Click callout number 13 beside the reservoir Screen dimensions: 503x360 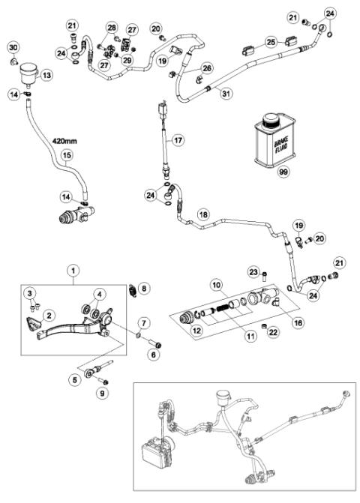46,75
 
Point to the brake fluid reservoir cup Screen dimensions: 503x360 30,72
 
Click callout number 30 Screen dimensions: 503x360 13,48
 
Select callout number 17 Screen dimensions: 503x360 178,139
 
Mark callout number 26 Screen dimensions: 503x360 206,68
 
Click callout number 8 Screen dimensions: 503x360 145,286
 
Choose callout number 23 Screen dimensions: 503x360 253,272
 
